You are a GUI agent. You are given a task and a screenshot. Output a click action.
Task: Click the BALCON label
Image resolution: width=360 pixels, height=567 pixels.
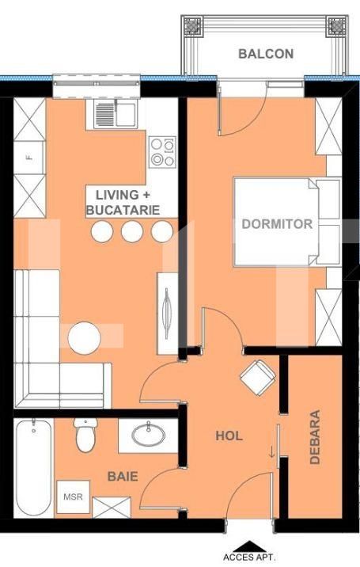point(266,54)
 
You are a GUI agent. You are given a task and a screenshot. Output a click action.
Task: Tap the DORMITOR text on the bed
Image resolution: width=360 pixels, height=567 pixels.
point(277,224)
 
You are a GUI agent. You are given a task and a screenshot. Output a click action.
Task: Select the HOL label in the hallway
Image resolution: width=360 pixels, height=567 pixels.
point(229,436)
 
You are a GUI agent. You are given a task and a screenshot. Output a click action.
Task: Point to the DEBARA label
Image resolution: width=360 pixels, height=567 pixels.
point(315,437)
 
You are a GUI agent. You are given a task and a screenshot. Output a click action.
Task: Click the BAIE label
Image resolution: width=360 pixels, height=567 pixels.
point(123,476)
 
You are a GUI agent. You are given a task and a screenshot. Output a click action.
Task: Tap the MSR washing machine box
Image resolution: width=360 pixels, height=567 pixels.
point(74,497)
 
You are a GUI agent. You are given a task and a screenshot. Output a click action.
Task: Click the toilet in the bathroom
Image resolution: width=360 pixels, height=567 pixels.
point(85,435)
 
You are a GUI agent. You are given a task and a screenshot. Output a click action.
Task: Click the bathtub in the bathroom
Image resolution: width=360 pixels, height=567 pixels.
point(33,467)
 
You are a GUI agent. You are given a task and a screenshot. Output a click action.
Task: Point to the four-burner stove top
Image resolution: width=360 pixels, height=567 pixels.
point(163,151)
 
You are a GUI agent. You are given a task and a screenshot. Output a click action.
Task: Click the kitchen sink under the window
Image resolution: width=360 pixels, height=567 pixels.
point(116,114)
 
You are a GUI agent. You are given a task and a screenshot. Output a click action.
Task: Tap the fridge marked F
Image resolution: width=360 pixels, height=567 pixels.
point(29,158)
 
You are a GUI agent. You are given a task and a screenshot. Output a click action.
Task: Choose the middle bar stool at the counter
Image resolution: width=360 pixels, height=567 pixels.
point(132,231)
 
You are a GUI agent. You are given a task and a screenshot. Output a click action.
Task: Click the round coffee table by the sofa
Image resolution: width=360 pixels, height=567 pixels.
point(84,338)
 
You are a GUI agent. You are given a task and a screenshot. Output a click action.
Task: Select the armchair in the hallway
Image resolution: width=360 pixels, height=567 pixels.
point(258,378)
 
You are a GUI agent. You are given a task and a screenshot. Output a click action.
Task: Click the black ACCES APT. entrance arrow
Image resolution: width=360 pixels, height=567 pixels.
point(248,546)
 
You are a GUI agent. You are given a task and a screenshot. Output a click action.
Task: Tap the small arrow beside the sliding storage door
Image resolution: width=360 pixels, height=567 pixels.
point(272,452)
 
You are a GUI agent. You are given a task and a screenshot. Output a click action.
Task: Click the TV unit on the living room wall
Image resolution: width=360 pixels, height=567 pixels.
point(168,314)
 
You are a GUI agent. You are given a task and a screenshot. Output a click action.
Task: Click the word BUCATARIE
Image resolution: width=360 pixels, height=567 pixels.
point(123,210)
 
